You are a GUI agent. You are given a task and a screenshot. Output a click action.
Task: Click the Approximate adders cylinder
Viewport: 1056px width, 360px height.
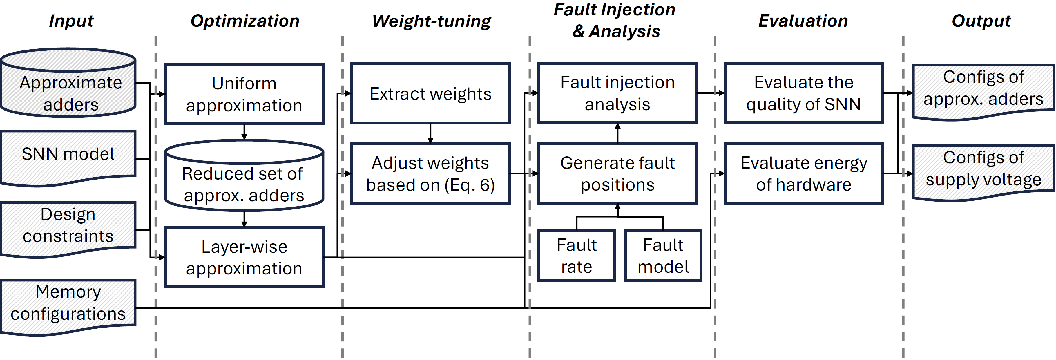point(68,88)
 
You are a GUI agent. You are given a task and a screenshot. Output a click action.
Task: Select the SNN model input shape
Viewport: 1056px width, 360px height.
point(68,156)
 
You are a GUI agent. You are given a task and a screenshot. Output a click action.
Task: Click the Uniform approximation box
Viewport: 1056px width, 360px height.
point(244,94)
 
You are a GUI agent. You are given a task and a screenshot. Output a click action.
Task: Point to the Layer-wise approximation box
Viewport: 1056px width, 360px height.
point(244,258)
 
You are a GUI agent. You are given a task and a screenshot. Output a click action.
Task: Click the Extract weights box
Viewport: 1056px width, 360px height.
point(430,93)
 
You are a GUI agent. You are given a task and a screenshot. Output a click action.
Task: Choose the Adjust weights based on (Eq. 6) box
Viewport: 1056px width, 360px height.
point(430,173)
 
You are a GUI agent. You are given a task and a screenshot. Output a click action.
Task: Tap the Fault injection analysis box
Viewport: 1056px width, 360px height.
point(617,93)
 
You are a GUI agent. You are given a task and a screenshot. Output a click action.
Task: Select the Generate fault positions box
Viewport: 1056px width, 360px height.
point(617,173)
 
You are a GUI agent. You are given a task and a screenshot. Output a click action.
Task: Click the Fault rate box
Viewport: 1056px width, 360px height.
point(576,256)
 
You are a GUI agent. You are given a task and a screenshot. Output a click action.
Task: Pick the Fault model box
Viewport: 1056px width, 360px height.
point(663,256)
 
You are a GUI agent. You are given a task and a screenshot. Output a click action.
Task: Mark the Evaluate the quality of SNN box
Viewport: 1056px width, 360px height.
point(803,93)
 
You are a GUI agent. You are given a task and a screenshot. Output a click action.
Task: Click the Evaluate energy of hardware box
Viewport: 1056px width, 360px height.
point(803,173)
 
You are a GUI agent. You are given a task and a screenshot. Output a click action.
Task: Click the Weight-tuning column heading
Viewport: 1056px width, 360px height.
point(431,21)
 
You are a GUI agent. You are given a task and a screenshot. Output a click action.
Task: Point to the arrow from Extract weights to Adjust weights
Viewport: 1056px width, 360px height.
point(430,133)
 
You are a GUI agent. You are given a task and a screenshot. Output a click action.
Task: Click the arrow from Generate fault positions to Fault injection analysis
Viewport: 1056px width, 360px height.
point(617,133)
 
